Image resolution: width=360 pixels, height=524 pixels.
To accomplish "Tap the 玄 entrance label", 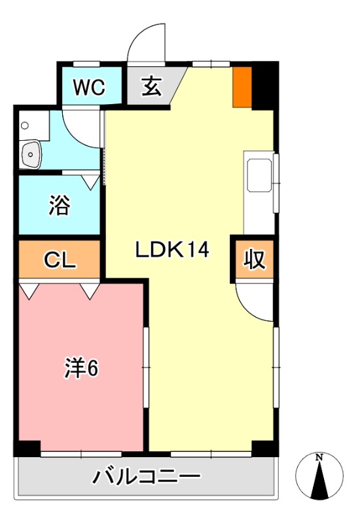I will click(x=151, y=88).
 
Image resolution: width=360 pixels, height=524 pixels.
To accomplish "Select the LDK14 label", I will click(x=172, y=249).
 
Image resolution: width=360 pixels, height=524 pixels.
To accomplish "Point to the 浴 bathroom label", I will click(x=59, y=206).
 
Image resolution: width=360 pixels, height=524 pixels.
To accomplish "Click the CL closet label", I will click(x=60, y=260).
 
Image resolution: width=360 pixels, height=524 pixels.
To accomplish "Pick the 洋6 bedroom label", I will click(x=81, y=369).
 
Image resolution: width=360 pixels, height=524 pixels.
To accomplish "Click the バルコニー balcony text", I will click(x=145, y=477).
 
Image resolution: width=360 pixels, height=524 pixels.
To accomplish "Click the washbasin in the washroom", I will click(x=31, y=155).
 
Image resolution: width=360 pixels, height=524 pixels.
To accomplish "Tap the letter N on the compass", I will click(x=319, y=457).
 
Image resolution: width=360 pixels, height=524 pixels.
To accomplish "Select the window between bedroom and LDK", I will click(x=146, y=367).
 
